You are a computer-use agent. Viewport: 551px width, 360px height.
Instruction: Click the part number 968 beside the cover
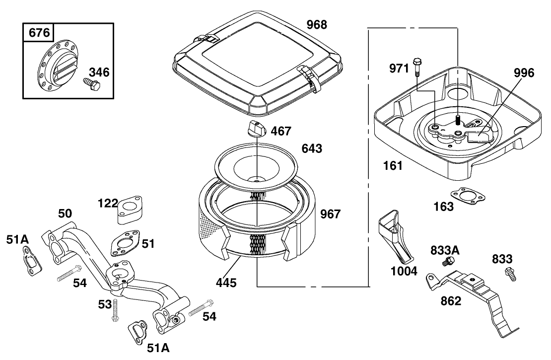pos(316,24)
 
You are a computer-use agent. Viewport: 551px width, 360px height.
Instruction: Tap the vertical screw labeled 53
pos(115,310)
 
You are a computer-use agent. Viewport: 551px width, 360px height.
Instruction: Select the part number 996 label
pos(524,73)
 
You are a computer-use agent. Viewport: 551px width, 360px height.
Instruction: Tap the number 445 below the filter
pos(226,283)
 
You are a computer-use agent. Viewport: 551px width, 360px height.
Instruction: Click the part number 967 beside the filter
pos(330,214)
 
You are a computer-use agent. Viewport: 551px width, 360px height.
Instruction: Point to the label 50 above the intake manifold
pos(65,214)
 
